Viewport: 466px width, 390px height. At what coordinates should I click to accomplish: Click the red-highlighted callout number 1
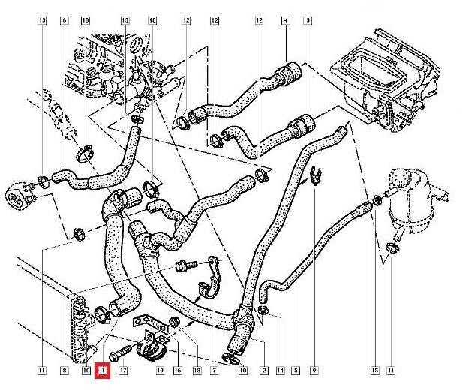coord(103,370)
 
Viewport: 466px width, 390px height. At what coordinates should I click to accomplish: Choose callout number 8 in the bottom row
coord(65,370)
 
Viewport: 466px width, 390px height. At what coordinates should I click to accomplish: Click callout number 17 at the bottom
coord(123,370)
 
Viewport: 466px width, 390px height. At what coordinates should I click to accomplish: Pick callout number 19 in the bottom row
coord(159,370)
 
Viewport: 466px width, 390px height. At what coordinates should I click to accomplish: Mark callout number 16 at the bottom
coord(178,370)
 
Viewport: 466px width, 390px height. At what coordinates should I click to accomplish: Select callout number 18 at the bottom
coord(197,370)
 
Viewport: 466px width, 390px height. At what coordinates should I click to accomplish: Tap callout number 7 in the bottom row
coord(215,370)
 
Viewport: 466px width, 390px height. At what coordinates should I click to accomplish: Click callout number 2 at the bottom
coord(264,370)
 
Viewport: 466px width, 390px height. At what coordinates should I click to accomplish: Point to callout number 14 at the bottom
coord(280,370)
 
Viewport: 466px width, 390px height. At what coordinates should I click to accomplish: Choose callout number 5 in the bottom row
coord(296,370)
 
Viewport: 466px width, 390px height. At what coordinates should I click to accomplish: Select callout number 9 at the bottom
coord(314,370)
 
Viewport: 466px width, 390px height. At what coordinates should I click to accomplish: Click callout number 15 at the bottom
coord(374,370)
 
